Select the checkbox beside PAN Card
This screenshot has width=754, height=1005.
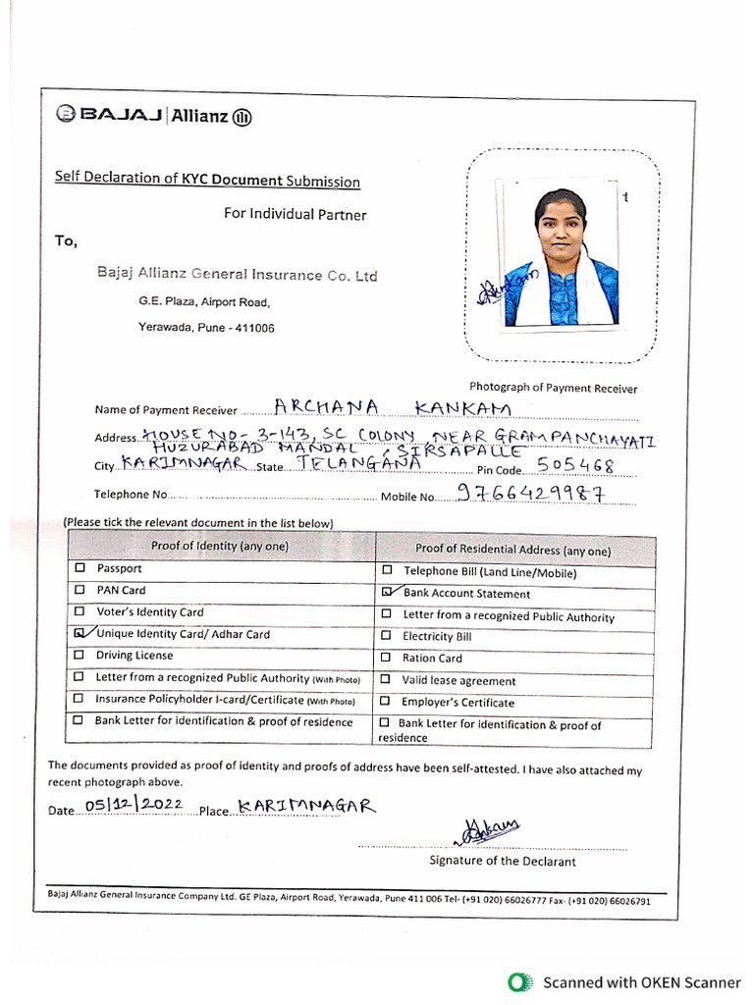coord(80,591)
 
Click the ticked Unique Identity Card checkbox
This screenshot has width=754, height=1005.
coord(80,634)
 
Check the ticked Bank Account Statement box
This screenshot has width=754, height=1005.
coord(387,593)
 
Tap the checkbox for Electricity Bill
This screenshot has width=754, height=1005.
coord(387,637)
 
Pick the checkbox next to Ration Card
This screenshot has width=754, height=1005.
coord(387,659)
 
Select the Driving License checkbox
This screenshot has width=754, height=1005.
coord(80,656)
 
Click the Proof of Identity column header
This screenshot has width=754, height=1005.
coord(219,546)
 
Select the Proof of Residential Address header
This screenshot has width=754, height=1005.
coord(512,550)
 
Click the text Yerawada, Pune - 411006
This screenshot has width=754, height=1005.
coord(206,328)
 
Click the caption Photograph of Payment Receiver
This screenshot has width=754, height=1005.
coord(553,389)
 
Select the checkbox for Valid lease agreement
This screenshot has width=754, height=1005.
coord(387,680)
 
